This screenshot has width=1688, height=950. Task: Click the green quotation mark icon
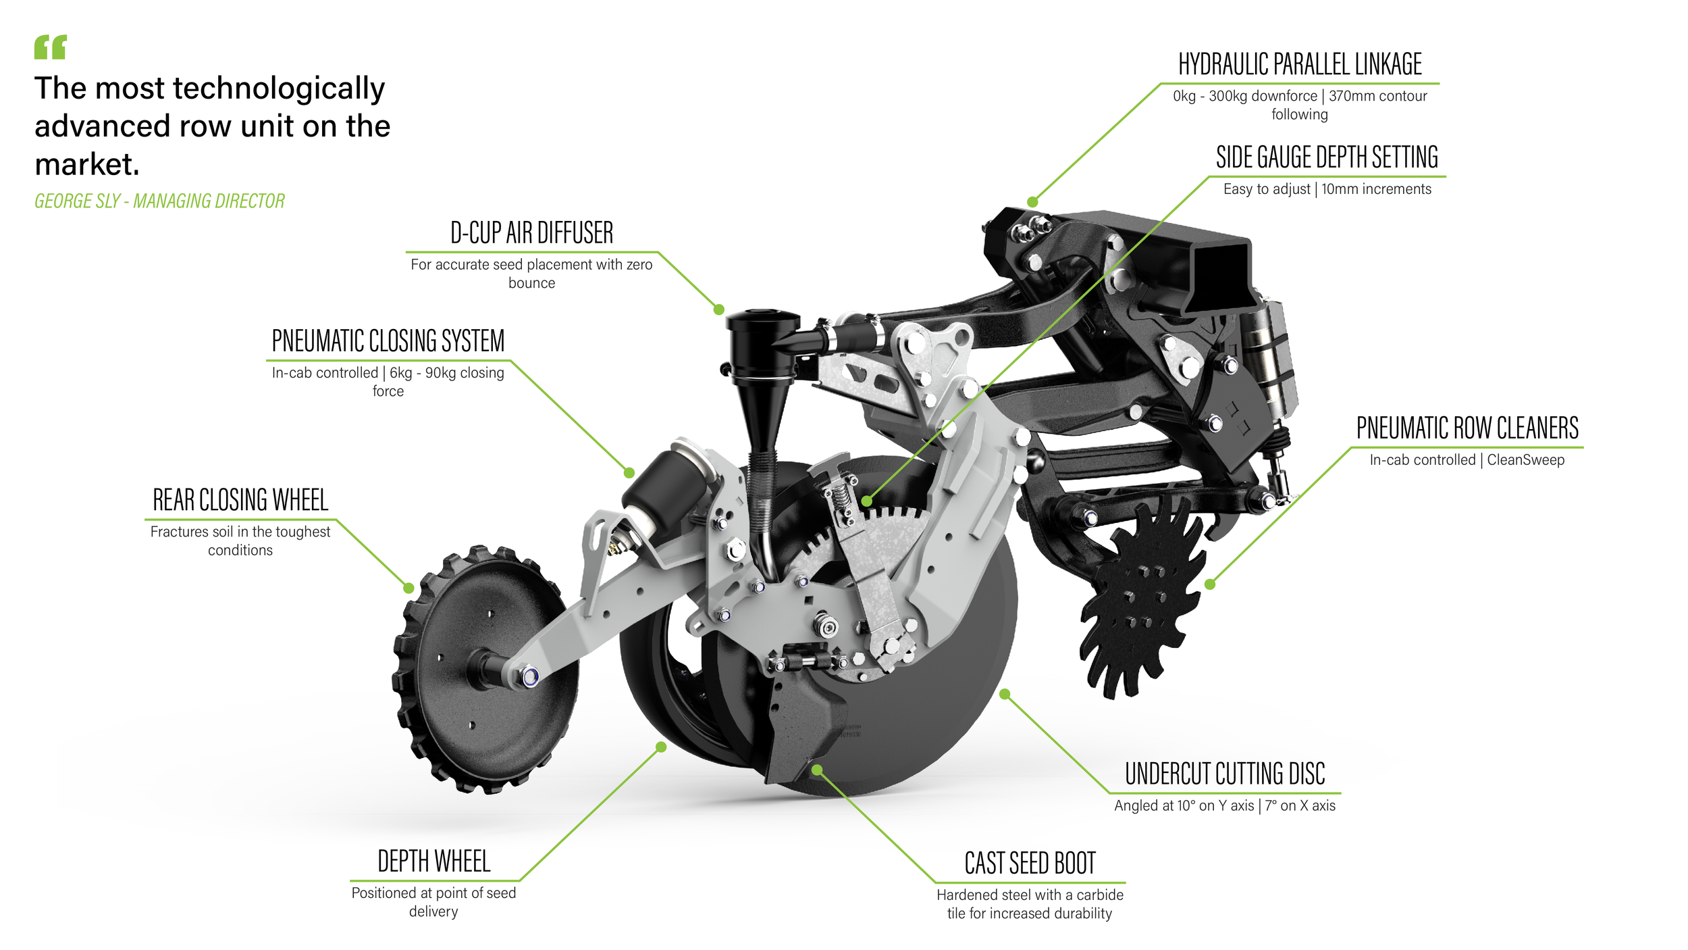pyautogui.click(x=51, y=47)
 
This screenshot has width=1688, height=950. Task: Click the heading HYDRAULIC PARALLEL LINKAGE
pyautogui.click(x=1300, y=65)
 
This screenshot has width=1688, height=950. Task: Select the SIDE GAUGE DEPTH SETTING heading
pyautogui.click(x=1327, y=157)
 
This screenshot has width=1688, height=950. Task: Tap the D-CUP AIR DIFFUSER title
pyautogui.click(x=531, y=233)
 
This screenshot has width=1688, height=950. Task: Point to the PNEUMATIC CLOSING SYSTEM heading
pyautogui.click(x=388, y=341)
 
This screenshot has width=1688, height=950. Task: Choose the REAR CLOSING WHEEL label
pyautogui.click(x=240, y=501)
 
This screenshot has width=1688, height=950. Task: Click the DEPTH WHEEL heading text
pyautogui.click(x=433, y=862)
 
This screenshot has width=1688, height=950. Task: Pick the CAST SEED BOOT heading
pyautogui.click(x=1030, y=864)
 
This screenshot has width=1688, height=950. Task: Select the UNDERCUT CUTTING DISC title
pyautogui.click(x=1225, y=774)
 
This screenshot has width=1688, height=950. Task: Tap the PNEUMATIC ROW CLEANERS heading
pyautogui.click(x=1467, y=428)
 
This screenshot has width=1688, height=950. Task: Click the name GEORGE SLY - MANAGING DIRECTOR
pyautogui.click(x=159, y=201)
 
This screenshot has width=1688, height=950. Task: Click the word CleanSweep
pyautogui.click(x=1525, y=460)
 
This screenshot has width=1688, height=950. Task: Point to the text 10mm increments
pyautogui.click(x=1376, y=189)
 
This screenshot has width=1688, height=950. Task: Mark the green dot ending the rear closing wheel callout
pyautogui.click(x=408, y=589)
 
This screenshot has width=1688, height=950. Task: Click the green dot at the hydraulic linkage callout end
pyautogui.click(x=1032, y=202)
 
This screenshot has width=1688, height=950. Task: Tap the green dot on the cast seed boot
pyautogui.click(x=817, y=770)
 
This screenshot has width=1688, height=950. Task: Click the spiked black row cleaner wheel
pyautogui.click(x=1141, y=601)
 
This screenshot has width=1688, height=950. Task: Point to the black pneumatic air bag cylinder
pyautogui.click(x=665, y=483)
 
